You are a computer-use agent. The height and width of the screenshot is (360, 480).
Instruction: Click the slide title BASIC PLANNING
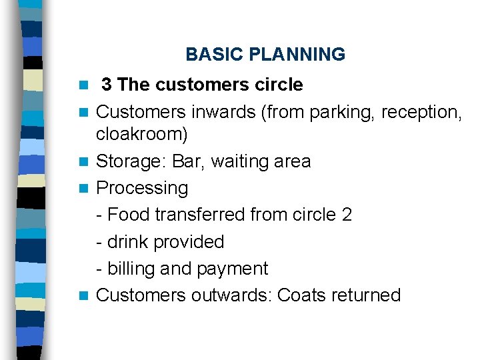tap(265, 55)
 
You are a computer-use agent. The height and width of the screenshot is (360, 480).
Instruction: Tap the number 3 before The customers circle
tap(106, 85)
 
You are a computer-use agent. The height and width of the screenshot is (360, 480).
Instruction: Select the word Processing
tap(142, 188)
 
